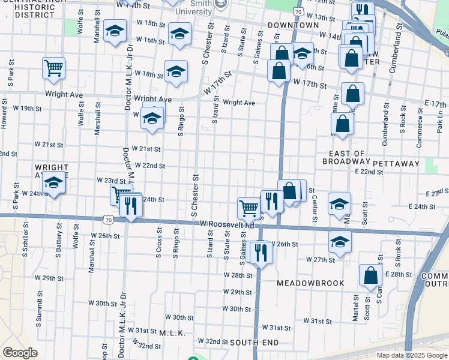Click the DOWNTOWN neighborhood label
pos(294,25)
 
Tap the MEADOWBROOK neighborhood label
pos(311,283)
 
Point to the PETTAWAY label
pos(396,163)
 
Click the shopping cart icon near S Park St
pos(54,68)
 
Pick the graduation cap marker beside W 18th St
pos(175,71)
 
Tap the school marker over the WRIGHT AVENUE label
pos(54,182)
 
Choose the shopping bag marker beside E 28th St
pos(370,275)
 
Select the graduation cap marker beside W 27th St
pos(340,242)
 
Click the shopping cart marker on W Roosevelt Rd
pos(249,208)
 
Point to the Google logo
pos(20,353)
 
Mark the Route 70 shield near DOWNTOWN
pos(298,12)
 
